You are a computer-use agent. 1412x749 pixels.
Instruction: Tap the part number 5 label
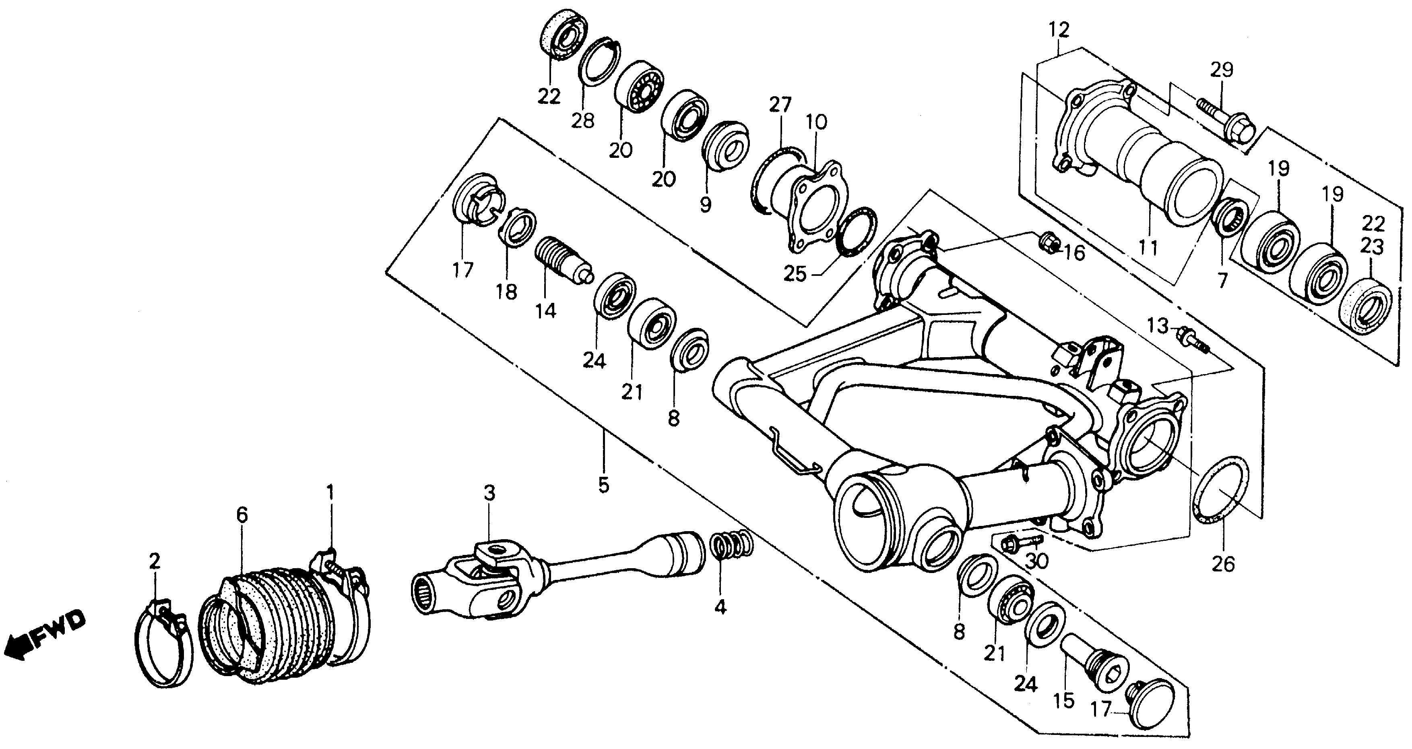603,485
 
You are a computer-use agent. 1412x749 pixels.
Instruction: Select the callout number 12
1059,30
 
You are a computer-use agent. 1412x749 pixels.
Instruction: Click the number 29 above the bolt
1221,70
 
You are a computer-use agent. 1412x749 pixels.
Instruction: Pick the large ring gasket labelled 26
1221,492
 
